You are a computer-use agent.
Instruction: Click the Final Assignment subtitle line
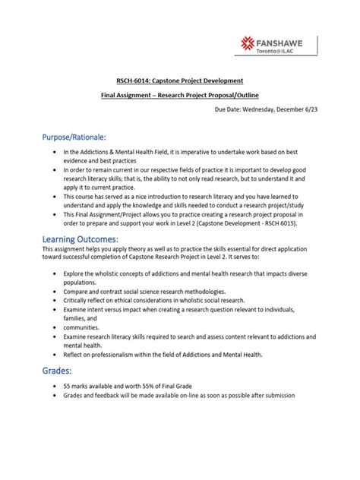click(180, 96)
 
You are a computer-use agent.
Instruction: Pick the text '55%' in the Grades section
click(154, 387)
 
